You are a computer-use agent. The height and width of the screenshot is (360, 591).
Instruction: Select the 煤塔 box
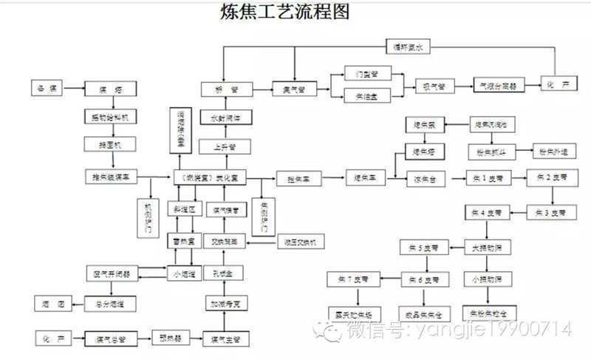[x=109, y=89]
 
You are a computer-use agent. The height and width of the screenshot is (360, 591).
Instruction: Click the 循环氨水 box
[x=409, y=47]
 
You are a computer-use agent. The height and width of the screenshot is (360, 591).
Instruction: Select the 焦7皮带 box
[x=353, y=279]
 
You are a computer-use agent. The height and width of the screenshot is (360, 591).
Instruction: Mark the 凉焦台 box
[x=422, y=178]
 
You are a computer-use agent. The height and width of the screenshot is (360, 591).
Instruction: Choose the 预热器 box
[x=168, y=338]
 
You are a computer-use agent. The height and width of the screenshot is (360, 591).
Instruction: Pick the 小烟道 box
[x=185, y=274]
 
